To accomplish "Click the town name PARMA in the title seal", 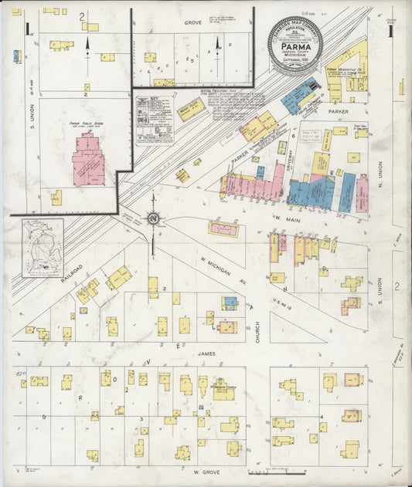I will point(295,44).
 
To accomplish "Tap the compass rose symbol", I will point(153,219).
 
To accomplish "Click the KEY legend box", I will point(155,120).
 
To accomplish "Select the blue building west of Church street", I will point(230,303).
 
